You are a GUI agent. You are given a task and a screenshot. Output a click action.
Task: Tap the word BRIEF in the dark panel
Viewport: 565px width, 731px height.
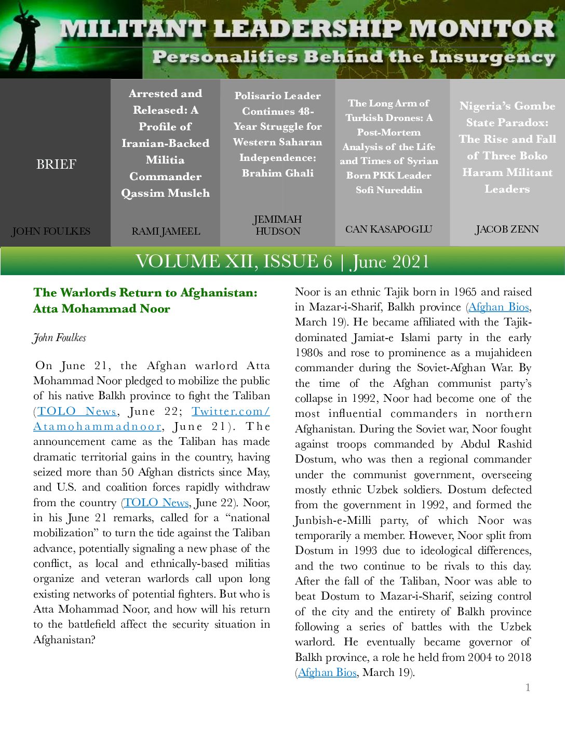(x=56, y=164)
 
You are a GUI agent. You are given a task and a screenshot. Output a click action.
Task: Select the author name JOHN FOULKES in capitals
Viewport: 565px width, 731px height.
(x=51, y=231)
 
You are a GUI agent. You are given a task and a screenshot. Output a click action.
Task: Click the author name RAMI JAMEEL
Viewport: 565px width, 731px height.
(x=166, y=231)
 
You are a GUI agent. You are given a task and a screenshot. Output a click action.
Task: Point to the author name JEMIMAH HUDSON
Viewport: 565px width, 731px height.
(x=278, y=225)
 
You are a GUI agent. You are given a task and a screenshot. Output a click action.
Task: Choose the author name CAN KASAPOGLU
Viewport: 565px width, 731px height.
(x=388, y=229)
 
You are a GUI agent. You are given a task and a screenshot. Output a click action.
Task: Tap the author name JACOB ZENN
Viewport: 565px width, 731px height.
(x=507, y=229)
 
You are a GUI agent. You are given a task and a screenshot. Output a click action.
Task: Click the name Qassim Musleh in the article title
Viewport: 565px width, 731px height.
(x=166, y=193)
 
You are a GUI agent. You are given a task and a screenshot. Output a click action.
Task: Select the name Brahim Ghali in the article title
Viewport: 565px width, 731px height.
(x=278, y=173)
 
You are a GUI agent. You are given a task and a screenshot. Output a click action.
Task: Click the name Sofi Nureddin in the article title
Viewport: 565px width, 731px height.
(x=389, y=190)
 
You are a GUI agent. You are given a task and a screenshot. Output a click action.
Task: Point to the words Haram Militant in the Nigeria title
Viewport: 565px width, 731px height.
(x=507, y=172)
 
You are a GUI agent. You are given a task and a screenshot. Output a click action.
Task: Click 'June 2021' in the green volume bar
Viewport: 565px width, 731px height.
(x=391, y=261)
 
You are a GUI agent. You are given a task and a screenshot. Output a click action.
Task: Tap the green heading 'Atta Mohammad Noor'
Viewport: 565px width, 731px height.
(x=102, y=308)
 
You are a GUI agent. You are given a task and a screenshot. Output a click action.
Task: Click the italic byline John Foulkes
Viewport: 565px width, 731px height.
(x=59, y=337)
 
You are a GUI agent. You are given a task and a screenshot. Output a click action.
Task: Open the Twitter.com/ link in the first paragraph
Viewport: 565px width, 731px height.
(x=231, y=411)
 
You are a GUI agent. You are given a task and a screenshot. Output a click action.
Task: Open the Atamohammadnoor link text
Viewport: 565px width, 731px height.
(x=98, y=426)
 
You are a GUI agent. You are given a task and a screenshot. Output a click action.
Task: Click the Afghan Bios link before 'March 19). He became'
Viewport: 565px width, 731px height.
(x=499, y=307)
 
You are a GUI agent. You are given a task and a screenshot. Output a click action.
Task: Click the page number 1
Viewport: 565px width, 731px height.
(x=528, y=687)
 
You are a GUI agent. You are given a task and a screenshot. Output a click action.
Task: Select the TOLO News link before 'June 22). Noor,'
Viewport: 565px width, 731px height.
(x=156, y=503)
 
